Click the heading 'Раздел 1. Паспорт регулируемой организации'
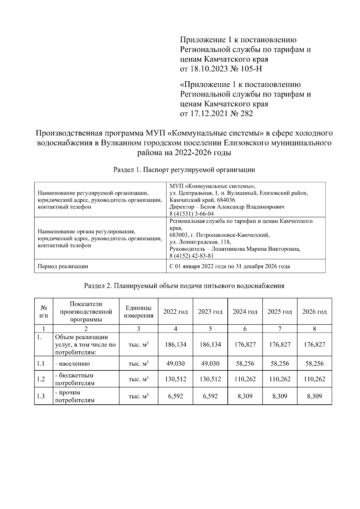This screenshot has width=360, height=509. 184,170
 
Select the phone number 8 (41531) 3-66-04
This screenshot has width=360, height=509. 191,214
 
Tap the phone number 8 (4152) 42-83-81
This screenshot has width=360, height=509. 191,256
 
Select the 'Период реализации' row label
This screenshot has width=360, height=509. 63,266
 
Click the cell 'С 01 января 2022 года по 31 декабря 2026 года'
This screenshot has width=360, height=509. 229,266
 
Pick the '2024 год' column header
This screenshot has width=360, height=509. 245,312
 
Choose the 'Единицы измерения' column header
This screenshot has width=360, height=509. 138,312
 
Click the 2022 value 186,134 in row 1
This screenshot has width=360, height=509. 175,344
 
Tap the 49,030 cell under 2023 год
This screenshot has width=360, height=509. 210,364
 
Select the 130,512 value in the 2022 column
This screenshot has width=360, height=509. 175,379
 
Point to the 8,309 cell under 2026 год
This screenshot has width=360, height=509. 314,396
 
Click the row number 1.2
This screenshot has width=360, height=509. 41,379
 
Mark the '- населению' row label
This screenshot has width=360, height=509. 72,364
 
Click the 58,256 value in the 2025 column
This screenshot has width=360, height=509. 280,364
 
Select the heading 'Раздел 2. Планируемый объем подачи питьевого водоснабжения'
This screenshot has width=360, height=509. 184,286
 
